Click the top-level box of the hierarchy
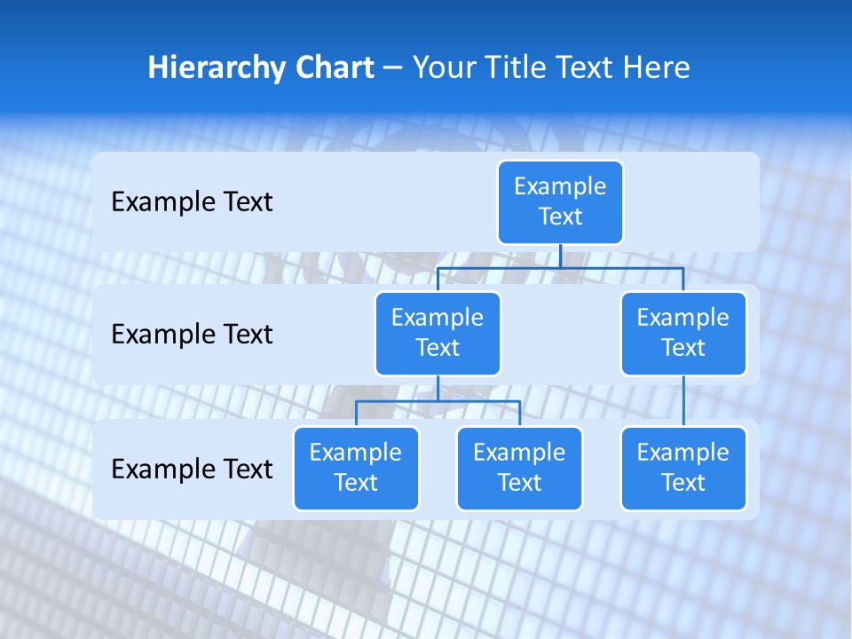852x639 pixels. (x=560, y=201)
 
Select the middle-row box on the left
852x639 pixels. (x=438, y=333)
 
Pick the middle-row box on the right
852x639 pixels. (x=683, y=333)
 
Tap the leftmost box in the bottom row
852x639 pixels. (x=356, y=468)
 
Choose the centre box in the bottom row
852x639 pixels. (x=519, y=468)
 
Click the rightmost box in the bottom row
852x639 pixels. (x=683, y=468)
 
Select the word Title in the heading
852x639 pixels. (x=517, y=67)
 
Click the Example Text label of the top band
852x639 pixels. (x=192, y=202)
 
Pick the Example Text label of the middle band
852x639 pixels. (x=192, y=334)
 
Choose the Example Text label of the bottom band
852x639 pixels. (x=192, y=469)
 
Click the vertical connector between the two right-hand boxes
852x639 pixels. (x=683, y=401)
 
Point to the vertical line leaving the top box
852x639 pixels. (x=560, y=256)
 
